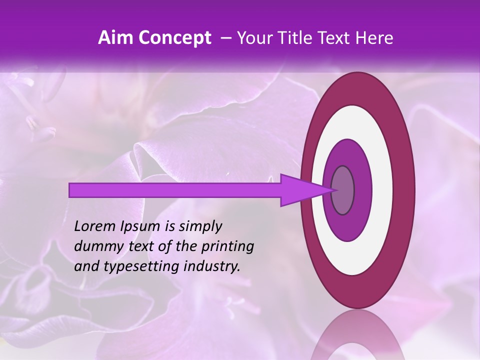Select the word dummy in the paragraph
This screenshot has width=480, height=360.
point(95,246)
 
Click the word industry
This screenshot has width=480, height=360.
point(211,266)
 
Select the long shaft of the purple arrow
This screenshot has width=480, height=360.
point(175,190)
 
